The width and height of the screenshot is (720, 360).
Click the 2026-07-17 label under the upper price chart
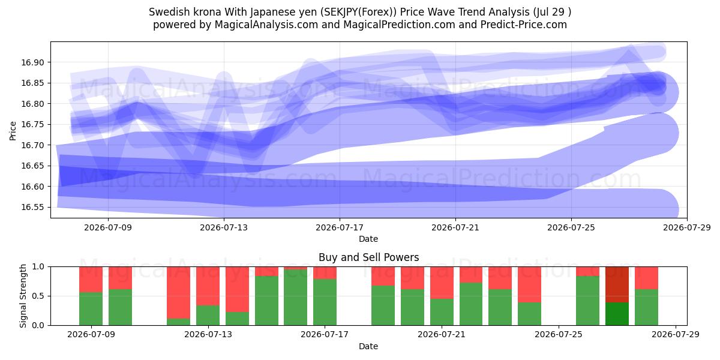click(340, 227)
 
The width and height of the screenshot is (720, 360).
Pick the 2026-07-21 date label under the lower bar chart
click(442, 335)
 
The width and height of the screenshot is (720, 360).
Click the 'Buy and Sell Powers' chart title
click(368, 257)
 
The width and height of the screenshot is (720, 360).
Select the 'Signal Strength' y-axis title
click(23, 296)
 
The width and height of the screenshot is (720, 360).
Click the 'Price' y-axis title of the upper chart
click(13, 131)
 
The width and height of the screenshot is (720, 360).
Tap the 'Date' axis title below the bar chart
click(368, 346)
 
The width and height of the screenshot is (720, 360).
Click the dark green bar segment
click(617, 314)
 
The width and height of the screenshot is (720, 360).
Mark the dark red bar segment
click(617, 284)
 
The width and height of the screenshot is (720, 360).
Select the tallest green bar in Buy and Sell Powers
click(295, 298)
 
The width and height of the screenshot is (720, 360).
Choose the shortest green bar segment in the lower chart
click(178, 322)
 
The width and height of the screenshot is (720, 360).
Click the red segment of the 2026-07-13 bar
click(208, 286)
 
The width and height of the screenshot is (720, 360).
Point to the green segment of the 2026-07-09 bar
click(91, 309)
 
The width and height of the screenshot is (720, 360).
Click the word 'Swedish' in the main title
click(169, 12)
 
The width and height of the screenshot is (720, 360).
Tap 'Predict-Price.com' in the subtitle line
click(524, 25)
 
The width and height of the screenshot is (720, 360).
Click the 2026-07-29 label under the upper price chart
click(687, 227)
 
